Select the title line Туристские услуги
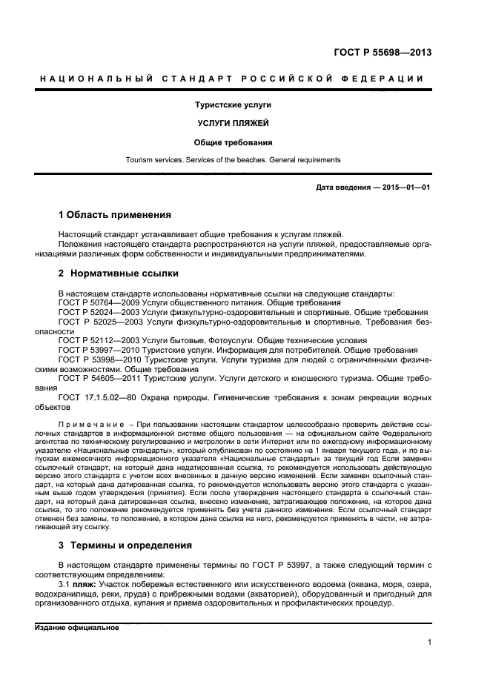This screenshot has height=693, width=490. click(x=233, y=105)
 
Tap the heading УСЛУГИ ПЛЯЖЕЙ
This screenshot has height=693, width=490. click(x=233, y=123)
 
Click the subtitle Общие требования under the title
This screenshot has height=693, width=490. click(x=233, y=142)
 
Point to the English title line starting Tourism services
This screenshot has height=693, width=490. click(x=233, y=159)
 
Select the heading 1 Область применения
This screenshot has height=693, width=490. click(x=115, y=215)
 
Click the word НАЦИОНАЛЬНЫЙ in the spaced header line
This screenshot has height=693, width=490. click(x=94, y=79)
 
